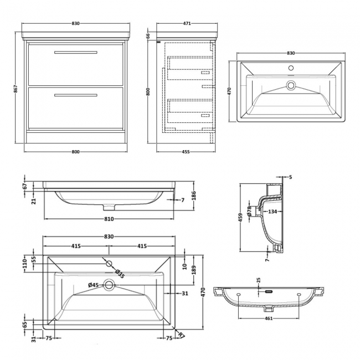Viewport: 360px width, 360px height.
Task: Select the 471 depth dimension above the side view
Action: point(187,24)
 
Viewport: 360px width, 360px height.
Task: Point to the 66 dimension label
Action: point(148,35)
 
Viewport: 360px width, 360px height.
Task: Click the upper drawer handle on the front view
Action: point(76,53)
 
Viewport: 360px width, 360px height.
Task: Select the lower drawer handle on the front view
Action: point(76,95)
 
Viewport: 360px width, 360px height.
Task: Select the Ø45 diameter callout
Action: point(94,285)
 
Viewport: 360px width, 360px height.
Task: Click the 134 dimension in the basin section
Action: point(272,211)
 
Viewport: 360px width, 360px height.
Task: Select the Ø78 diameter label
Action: point(250,211)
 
